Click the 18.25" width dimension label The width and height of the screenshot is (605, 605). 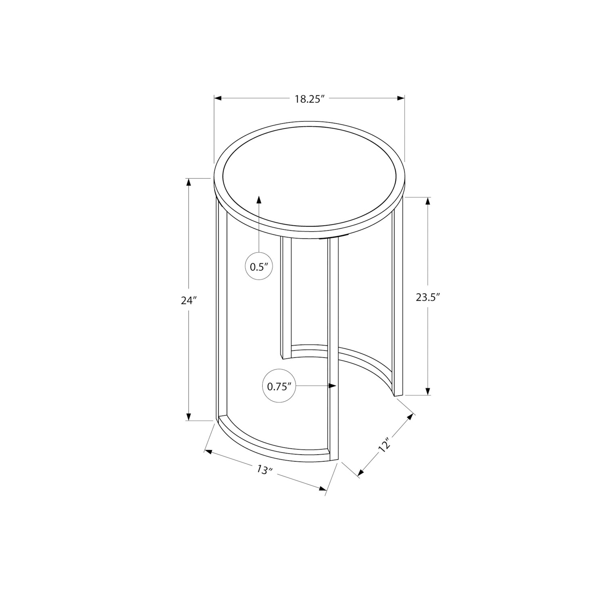[x=309, y=99]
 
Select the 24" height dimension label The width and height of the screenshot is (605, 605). [x=188, y=301]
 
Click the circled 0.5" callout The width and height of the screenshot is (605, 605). [x=259, y=266]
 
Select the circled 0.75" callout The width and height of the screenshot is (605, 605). [x=279, y=386]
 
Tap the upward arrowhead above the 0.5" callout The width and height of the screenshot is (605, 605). [x=259, y=199]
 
